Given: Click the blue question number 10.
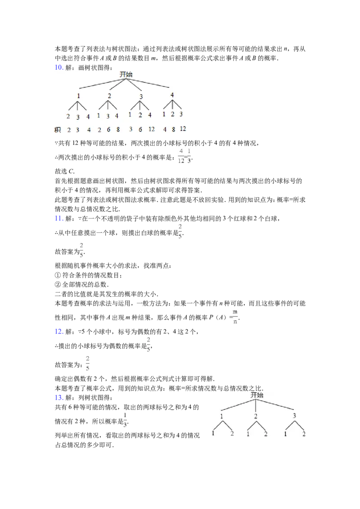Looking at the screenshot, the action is pyautogui.click(x=59, y=67).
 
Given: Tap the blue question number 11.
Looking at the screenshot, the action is pyautogui.click(x=59, y=219).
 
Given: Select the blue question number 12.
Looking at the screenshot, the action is pyautogui.click(x=59, y=331).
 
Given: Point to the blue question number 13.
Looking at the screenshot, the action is pyautogui.click(x=59, y=397).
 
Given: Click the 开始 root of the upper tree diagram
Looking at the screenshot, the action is pyautogui.click(x=126, y=74).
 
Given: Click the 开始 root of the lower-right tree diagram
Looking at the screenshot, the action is pyautogui.click(x=256, y=395).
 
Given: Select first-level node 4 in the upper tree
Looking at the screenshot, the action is pyautogui.click(x=172, y=95).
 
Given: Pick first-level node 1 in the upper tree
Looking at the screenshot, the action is pyautogui.click(x=78, y=96).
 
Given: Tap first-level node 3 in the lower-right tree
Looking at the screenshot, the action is pyautogui.click(x=294, y=415).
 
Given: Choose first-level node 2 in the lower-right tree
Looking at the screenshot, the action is pyautogui.click(x=256, y=416).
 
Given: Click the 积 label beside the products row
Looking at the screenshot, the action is pyautogui.click(x=58, y=130).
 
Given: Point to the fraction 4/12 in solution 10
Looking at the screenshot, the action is pyautogui.click(x=181, y=156).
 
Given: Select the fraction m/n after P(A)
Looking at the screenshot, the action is pyautogui.click(x=235, y=317).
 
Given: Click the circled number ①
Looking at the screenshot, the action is pyautogui.click(x=58, y=275).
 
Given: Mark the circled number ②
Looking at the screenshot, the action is pyautogui.click(x=58, y=285).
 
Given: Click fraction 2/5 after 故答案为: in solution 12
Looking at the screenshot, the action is pyautogui.click(x=88, y=363).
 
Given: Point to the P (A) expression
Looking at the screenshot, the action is pyautogui.click(x=217, y=317).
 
